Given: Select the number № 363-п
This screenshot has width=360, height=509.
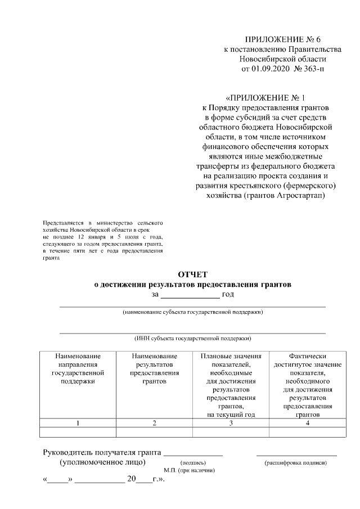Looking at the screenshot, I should click(x=309, y=69).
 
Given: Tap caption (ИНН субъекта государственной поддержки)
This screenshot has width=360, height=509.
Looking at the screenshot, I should click(x=193, y=339).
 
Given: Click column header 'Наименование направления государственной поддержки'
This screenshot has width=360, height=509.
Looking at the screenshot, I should click(x=78, y=368).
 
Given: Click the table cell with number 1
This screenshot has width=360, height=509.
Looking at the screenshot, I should click(x=78, y=423).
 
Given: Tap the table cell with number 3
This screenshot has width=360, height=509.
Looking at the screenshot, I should click(x=231, y=423).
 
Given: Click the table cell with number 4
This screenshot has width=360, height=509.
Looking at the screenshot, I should click(x=307, y=423).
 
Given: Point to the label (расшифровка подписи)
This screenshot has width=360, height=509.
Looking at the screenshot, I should click(x=296, y=462).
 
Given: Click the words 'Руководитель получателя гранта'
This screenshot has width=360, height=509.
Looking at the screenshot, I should click(x=102, y=453).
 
